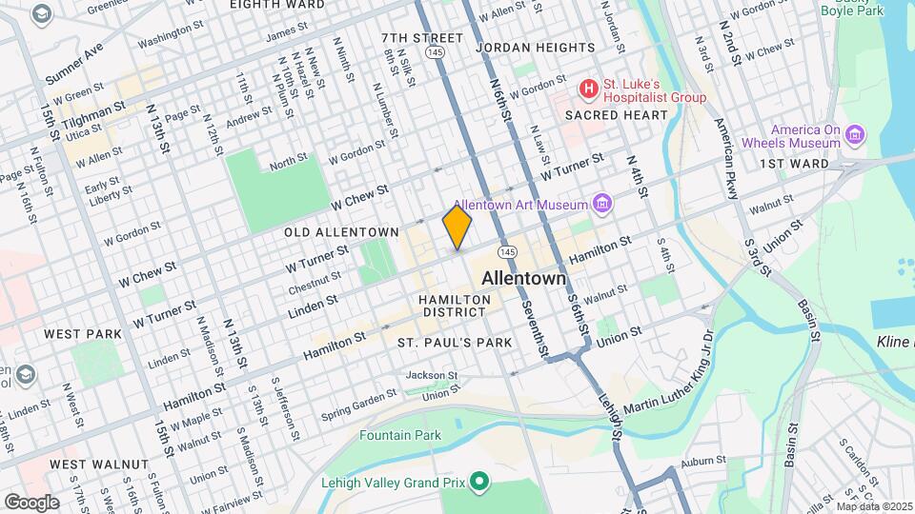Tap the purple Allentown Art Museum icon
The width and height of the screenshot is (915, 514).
(600, 204)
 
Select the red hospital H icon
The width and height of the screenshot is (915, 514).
(590, 90)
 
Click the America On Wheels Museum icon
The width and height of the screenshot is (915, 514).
(855, 136)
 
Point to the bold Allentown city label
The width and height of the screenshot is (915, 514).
(523, 279)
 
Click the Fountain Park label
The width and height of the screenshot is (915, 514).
(400, 435)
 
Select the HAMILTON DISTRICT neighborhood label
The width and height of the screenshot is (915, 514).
(456, 306)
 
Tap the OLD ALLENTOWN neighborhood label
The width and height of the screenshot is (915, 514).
(340, 232)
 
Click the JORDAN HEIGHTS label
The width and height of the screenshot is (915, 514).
(535, 47)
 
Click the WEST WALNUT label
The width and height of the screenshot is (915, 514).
(99, 465)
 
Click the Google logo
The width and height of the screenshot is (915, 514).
(32, 502)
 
